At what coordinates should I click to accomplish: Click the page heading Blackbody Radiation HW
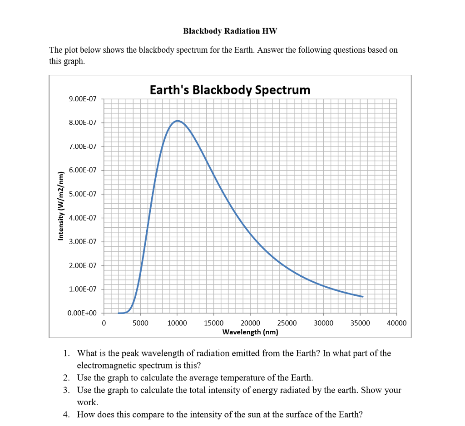(230, 31)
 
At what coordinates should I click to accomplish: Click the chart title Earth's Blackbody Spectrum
(230, 89)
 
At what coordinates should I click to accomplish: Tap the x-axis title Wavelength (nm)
(250, 332)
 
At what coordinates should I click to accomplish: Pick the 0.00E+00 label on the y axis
(82, 313)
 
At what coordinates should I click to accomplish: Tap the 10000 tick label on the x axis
(177, 323)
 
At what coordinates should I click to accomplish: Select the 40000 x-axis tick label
(396, 323)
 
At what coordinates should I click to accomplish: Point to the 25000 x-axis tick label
(287, 323)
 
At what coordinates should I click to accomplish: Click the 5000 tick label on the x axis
(140, 323)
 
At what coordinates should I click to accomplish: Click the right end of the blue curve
(362, 296)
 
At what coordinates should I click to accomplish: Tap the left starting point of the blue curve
(119, 313)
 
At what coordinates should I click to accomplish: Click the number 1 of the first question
(66, 353)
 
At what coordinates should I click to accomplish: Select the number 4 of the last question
(66, 414)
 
